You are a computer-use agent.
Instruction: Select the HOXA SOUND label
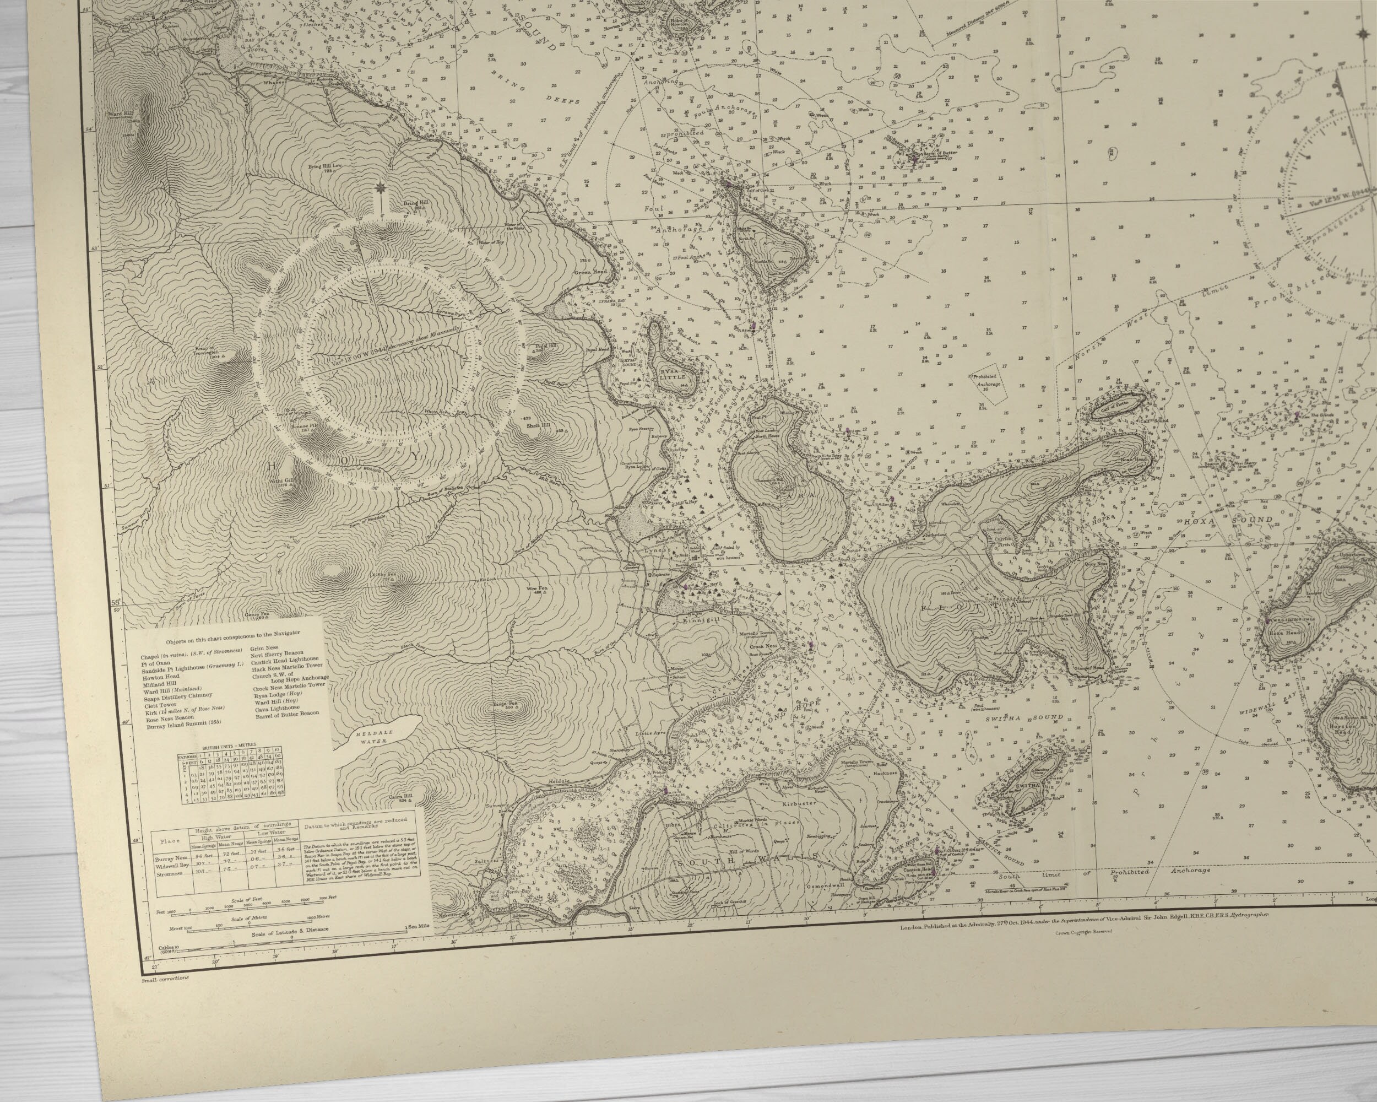[1229, 521]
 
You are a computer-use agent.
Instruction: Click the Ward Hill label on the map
[121, 115]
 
